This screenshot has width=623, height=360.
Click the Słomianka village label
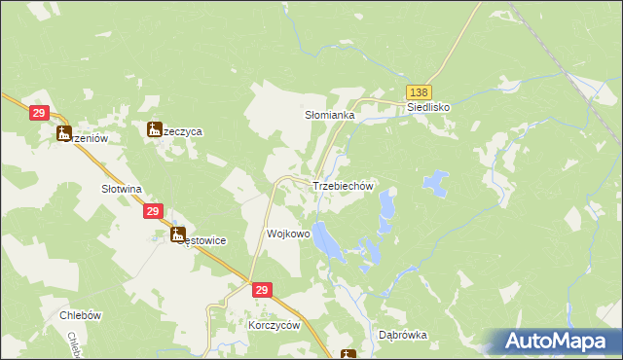[330, 115]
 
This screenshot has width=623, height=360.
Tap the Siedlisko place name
[428, 108]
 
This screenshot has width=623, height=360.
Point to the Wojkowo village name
[288, 234]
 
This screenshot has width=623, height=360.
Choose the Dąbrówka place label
[402, 335]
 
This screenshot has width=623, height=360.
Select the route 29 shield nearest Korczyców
[261, 291]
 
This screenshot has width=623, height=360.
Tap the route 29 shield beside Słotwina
[153, 211]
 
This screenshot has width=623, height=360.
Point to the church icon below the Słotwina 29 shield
[177, 234]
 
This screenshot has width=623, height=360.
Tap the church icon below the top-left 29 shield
[65, 134]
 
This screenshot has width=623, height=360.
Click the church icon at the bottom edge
[348, 355]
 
